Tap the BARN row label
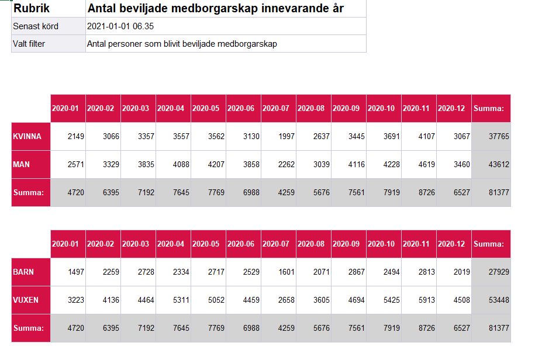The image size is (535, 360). [23, 272]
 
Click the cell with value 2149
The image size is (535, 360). [76, 136]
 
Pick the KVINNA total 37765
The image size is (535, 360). [499, 136]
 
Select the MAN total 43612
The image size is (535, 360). [499, 164]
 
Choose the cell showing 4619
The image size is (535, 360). [427, 164]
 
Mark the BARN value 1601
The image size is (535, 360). [287, 272]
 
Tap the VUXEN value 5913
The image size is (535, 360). [427, 300]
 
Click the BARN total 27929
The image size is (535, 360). [499, 272]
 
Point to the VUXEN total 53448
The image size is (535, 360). [499, 300]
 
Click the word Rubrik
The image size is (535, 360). [32, 9]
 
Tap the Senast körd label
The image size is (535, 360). [36, 26]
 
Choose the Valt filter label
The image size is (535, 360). [29, 44]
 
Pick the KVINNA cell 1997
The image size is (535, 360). [287, 136]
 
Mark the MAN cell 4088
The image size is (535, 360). [181, 164]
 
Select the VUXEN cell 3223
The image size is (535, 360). [76, 300]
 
